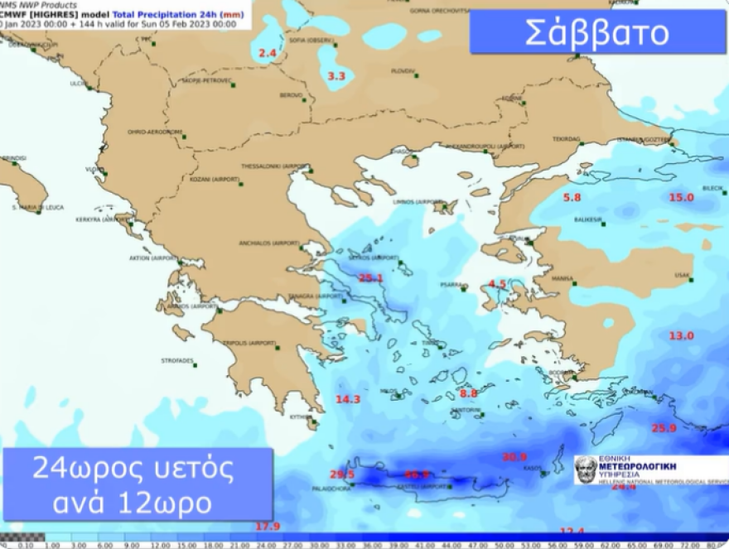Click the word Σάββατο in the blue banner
pos(596,32)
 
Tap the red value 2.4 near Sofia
pos(267,54)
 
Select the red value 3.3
pos(336,76)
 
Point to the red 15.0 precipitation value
pos(681,197)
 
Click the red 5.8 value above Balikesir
pos(572,197)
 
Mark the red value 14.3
pos(348,399)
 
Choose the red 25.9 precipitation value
pos(664,428)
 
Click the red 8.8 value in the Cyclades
pos(469,393)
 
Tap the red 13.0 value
pos(681,335)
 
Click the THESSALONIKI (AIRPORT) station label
pos(274,166)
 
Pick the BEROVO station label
pos(291,95)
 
